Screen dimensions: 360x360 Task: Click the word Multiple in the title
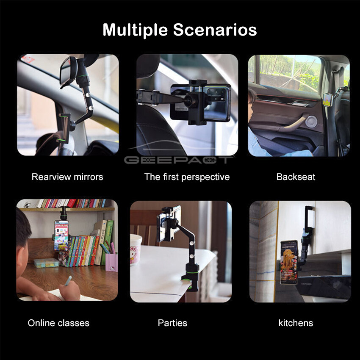click(135, 30)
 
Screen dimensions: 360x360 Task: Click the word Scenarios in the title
click(215, 30)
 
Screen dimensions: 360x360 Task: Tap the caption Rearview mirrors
click(67, 177)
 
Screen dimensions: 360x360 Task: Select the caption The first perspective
click(187, 177)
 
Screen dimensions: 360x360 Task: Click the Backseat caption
click(296, 177)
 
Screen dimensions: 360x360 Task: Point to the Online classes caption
click(58, 323)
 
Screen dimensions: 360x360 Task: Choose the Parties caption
click(172, 323)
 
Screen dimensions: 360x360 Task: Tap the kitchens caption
click(296, 323)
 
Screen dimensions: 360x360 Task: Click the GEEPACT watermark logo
click(179, 160)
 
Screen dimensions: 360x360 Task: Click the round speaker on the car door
click(311, 122)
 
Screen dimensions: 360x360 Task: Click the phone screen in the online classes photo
click(61, 235)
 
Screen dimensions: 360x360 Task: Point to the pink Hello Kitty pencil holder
click(111, 263)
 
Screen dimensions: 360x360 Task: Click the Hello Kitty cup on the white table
click(136, 249)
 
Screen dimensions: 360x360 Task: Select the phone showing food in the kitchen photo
click(288, 262)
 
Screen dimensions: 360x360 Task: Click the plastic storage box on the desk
click(47, 263)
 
